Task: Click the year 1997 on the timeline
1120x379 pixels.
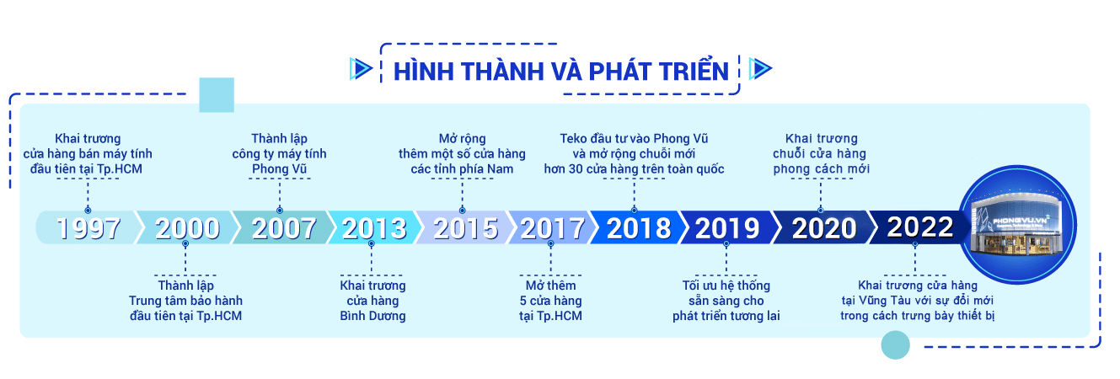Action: (88, 228)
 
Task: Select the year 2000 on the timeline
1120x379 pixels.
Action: (187, 228)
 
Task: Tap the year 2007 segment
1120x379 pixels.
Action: (284, 228)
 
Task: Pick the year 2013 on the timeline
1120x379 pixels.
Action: (374, 228)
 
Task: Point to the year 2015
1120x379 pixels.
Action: (466, 228)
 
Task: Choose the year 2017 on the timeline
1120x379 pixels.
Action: (553, 228)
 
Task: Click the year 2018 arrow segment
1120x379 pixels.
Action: (639, 228)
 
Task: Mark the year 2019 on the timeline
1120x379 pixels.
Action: (727, 228)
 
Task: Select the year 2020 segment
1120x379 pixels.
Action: (824, 228)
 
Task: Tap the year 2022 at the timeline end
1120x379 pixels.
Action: (920, 227)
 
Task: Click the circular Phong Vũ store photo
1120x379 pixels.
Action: (1017, 225)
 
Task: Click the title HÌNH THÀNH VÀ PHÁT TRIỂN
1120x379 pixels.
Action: (561, 72)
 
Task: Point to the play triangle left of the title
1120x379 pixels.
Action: (361, 69)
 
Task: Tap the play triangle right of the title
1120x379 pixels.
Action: (760, 69)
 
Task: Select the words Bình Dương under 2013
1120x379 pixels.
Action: (372, 316)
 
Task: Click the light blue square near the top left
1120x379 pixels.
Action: (217, 95)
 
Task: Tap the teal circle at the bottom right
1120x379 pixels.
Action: (895, 345)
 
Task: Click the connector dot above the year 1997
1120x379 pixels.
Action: (88, 210)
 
